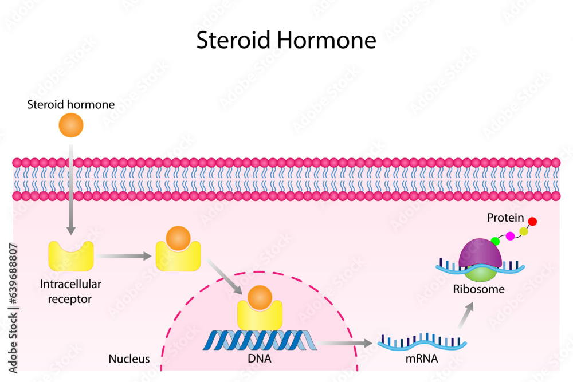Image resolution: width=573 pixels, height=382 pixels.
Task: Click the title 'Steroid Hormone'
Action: (x=286, y=41)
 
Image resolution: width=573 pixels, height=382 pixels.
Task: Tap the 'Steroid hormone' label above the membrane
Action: (x=71, y=105)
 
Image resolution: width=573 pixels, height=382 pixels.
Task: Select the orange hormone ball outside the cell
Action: (x=71, y=125)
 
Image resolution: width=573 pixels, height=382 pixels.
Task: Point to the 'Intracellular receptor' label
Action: (x=71, y=291)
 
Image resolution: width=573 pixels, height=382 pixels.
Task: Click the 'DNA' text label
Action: (x=260, y=359)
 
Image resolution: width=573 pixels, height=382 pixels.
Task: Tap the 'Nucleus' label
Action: (x=129, y=359)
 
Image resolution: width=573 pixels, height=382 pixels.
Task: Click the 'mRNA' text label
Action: (x=421, y=359)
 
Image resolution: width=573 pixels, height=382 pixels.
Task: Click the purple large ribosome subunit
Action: (x=480, y=252)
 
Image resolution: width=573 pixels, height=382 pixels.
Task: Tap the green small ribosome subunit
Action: (x=481, y=273)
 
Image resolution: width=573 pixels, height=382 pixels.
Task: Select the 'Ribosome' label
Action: (x=479, y=289)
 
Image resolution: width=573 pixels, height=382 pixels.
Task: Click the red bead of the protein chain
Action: (x=532, y=222)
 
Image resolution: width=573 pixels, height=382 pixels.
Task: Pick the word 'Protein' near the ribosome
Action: (x=505, y=218)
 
